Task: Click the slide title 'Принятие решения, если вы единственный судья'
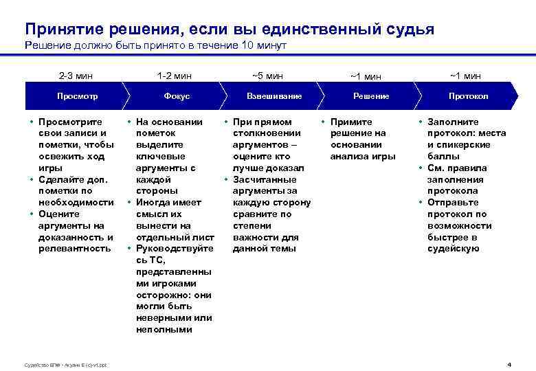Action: point(229,29)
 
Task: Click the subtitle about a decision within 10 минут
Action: point(155,46)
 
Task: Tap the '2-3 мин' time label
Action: point(76,76)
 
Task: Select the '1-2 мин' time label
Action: point(175,76)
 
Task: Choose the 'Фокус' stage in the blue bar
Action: point(177,96)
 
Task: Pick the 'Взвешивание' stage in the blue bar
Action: point(274,96)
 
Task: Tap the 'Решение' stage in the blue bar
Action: point(371,96)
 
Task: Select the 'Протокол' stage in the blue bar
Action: point(468,96)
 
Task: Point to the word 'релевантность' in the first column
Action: point(76,248)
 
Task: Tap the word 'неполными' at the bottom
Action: point(164,329)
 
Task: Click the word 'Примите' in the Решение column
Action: point(351,122)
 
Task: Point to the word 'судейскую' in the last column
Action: point(454,248)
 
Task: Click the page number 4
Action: point(509,363)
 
